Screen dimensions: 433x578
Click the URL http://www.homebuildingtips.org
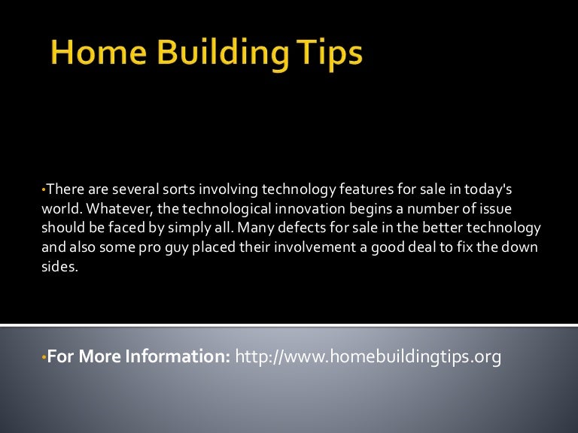pyautogui.click(x=368, y=357)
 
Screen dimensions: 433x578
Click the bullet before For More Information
pyautogui.click(x=44, y=358)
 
